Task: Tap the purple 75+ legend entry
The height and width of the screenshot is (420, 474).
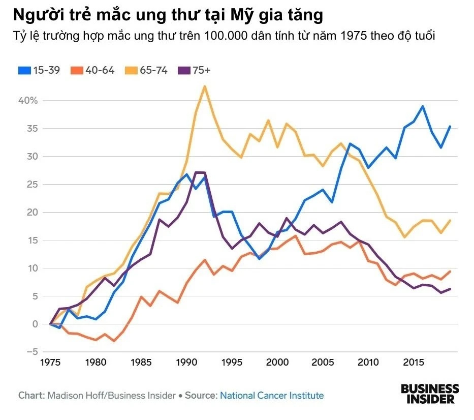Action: pyautogui.click(x=195, y=71)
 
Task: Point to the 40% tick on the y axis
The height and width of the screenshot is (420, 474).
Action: pyautogui.click(x=28, y=101)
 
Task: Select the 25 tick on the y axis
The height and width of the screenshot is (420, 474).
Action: pyautogui.click(x=33, y=185)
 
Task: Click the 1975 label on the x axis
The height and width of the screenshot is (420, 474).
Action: pyautogui.click(x=50, y=363)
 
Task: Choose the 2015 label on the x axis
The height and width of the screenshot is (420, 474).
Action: pyautogui.click(x=414, y=363)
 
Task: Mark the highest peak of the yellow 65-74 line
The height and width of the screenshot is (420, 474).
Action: pyautogui.click(x=205, y=86)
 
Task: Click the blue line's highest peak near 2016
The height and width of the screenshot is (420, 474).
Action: pyautogui.click(x=423, y=106)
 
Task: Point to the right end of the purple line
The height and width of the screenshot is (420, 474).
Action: pyautogui.click(x=450, y=289)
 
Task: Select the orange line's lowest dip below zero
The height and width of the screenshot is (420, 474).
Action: pyautogui.click(x=114, y=341)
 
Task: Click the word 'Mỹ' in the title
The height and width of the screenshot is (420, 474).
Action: pyautogui.click(x=233, y=16)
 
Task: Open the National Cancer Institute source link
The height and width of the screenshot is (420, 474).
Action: pyautogui.click(x=271, y=395)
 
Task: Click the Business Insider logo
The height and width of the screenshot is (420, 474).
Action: pyautogui.click(x=429, y=394)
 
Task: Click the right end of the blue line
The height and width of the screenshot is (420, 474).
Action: pyautogui.click(x=450, y=126)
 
